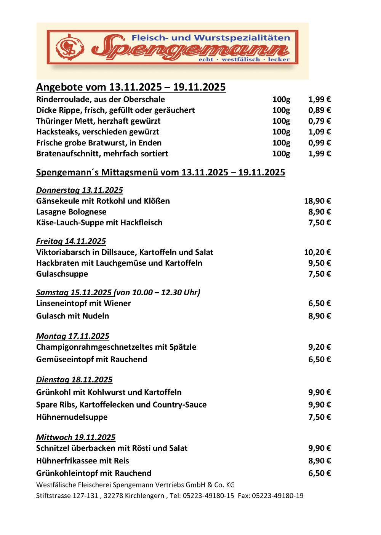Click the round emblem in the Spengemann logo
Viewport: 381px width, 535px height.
tap(70, 48)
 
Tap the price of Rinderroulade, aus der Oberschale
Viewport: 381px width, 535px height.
tap(319, 99)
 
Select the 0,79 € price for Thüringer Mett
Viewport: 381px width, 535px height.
tap(319, 121)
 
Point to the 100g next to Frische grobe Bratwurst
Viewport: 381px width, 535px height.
tap(281, 143)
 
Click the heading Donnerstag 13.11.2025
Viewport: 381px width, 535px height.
tap(79, 190)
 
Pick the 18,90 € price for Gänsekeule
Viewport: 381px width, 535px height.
tap(317, 201)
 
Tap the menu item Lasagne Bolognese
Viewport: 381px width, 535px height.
tap(71, 212)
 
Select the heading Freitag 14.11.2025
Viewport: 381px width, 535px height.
tap(71, 241)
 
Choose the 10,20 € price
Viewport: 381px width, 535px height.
tap(317, 252)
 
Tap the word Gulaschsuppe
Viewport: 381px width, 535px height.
tap(62, 274)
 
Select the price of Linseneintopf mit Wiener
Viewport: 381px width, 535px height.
tap(319, 303)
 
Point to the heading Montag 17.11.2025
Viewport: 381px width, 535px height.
tap(72, 336)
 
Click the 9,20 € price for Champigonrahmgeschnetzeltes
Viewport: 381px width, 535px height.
tap(319, 347)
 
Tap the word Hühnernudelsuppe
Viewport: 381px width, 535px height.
tap(72, 417)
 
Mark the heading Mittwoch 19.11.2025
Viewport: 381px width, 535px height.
tap(75, 438)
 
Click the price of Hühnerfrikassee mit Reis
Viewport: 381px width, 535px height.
tap(319, 461)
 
